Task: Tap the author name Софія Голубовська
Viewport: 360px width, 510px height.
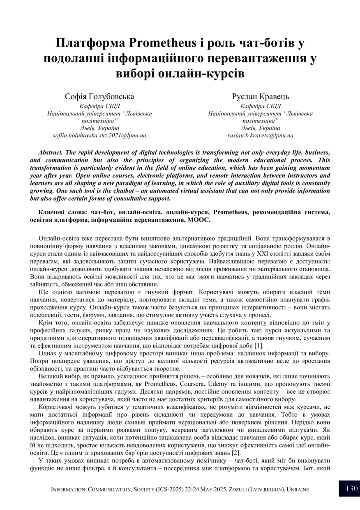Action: tap(99, 97)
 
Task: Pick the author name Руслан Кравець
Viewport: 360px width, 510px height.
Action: tap(260, 97)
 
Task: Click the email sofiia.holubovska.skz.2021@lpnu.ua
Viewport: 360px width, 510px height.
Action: tap(99, 135)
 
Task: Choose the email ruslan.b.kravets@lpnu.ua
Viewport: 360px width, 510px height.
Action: tap(260, 135)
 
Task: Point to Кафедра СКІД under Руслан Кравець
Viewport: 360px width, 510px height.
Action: tap(260, 106)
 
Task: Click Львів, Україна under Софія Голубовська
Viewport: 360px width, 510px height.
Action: tap(99, 128)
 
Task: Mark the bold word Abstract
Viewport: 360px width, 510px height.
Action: tap(51, 152)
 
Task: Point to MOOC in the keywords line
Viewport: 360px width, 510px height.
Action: tap(200, 220)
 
